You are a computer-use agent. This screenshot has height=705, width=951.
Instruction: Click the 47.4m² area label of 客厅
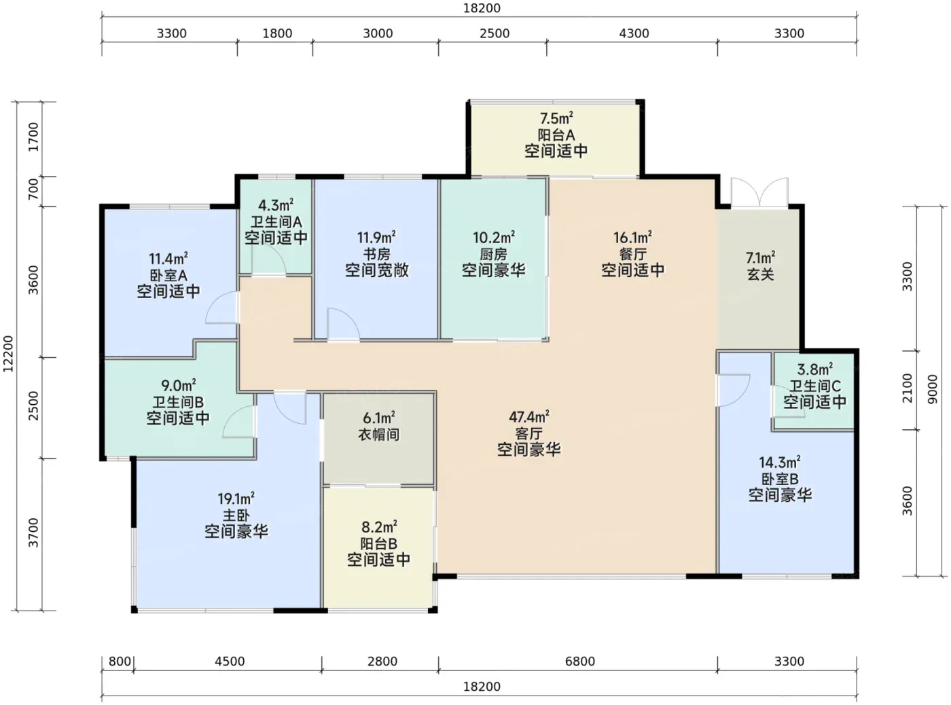point(528,416)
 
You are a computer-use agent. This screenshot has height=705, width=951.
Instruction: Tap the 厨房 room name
point(494,254)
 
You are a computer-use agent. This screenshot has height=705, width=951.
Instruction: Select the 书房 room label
point(377,254)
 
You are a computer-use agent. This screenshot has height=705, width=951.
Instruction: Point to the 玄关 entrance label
point(761,274)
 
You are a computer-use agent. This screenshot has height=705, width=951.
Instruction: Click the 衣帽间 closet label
point(378,434)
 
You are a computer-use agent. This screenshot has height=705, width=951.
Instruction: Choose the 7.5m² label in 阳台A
point(556,118)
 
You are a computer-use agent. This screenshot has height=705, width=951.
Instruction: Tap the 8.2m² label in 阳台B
point(379,526)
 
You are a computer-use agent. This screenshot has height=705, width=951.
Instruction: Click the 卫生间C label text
point(815,386)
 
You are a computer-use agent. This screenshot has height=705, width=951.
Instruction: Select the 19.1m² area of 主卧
point(236,499)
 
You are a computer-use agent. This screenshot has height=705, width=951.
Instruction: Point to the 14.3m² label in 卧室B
point(780,463)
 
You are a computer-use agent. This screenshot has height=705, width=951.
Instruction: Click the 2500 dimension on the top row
point(495,33)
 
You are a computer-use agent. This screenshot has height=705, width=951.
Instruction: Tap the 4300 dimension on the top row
point(634,33)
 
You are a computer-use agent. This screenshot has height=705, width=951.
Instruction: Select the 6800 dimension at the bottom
point(580,662)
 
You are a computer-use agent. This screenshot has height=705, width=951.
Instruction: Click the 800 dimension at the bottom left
point(120,662)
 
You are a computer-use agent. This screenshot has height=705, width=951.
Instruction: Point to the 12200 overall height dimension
point(9,354)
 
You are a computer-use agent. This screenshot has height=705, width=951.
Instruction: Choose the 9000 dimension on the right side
point(933,389)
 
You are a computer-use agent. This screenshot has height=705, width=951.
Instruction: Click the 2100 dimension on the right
point(908,388)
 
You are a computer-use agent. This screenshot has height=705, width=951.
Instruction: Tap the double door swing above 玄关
point(759,192)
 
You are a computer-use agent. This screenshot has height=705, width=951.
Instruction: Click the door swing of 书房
point(344,325)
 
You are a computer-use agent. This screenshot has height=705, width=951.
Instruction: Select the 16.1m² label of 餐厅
point(633,237)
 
